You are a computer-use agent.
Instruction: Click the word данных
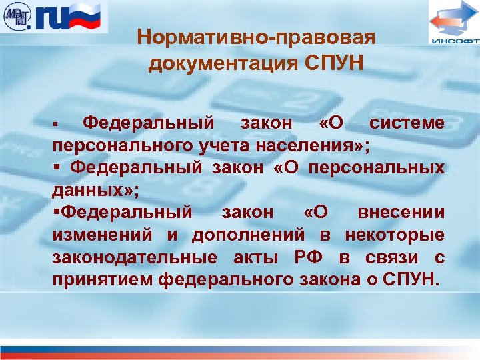coord(90,190)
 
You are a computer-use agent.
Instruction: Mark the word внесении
coord(401,213)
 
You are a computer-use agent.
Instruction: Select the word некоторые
coord(394,235)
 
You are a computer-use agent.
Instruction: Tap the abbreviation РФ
coord(306,257)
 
